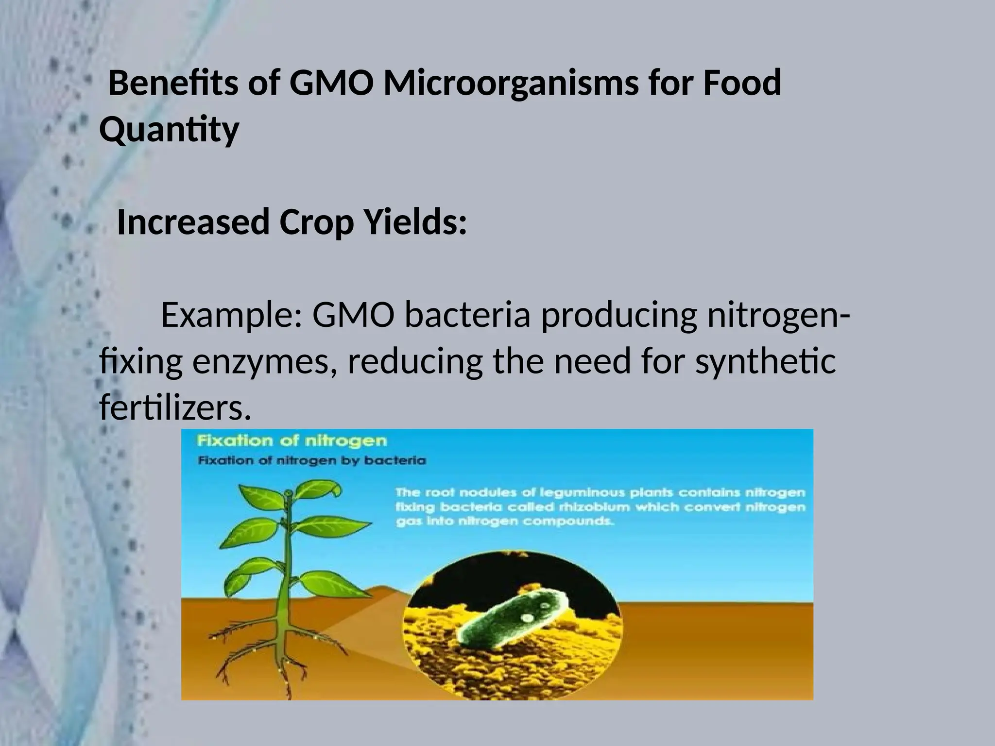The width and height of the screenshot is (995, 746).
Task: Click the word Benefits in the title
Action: [173, 83]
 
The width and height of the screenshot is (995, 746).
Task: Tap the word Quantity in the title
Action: [169, 129]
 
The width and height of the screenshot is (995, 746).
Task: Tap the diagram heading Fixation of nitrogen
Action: [292, 441]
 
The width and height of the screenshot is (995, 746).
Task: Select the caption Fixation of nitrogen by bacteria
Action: [311, 461]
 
